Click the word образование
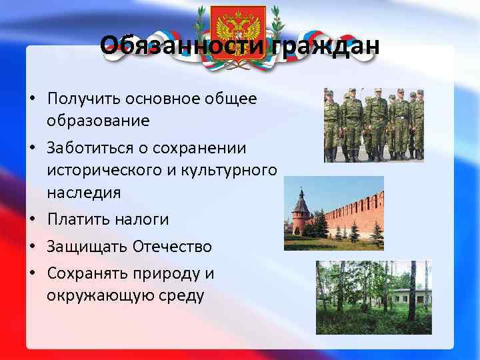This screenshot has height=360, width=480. (98, 121)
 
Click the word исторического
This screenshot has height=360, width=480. (104, 170)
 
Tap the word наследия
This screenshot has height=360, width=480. (84, 193)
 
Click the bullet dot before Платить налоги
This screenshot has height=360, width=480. (32, 220)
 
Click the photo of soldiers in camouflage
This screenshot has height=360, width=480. (373, 125)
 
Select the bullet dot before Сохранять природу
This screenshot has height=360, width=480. (32, 274)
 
